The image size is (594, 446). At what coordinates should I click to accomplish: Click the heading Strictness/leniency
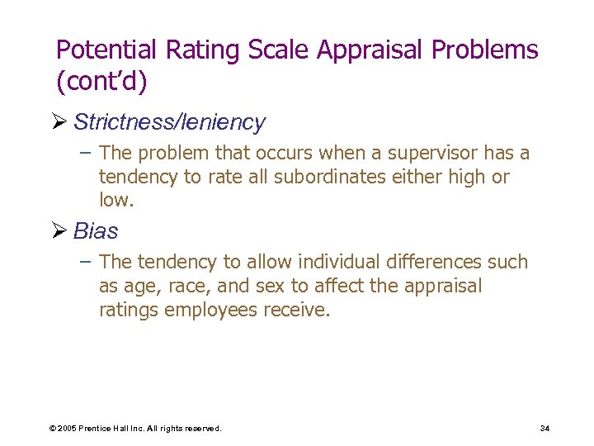pos(169,122)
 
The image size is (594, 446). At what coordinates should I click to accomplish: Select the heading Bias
pos(96,230)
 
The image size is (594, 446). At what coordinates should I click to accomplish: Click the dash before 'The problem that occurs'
pos(87,154)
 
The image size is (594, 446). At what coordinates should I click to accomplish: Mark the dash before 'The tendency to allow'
pos(87,262)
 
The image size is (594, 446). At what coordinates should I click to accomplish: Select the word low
pos(113,200)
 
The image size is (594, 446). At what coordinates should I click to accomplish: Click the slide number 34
pos(544,428)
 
